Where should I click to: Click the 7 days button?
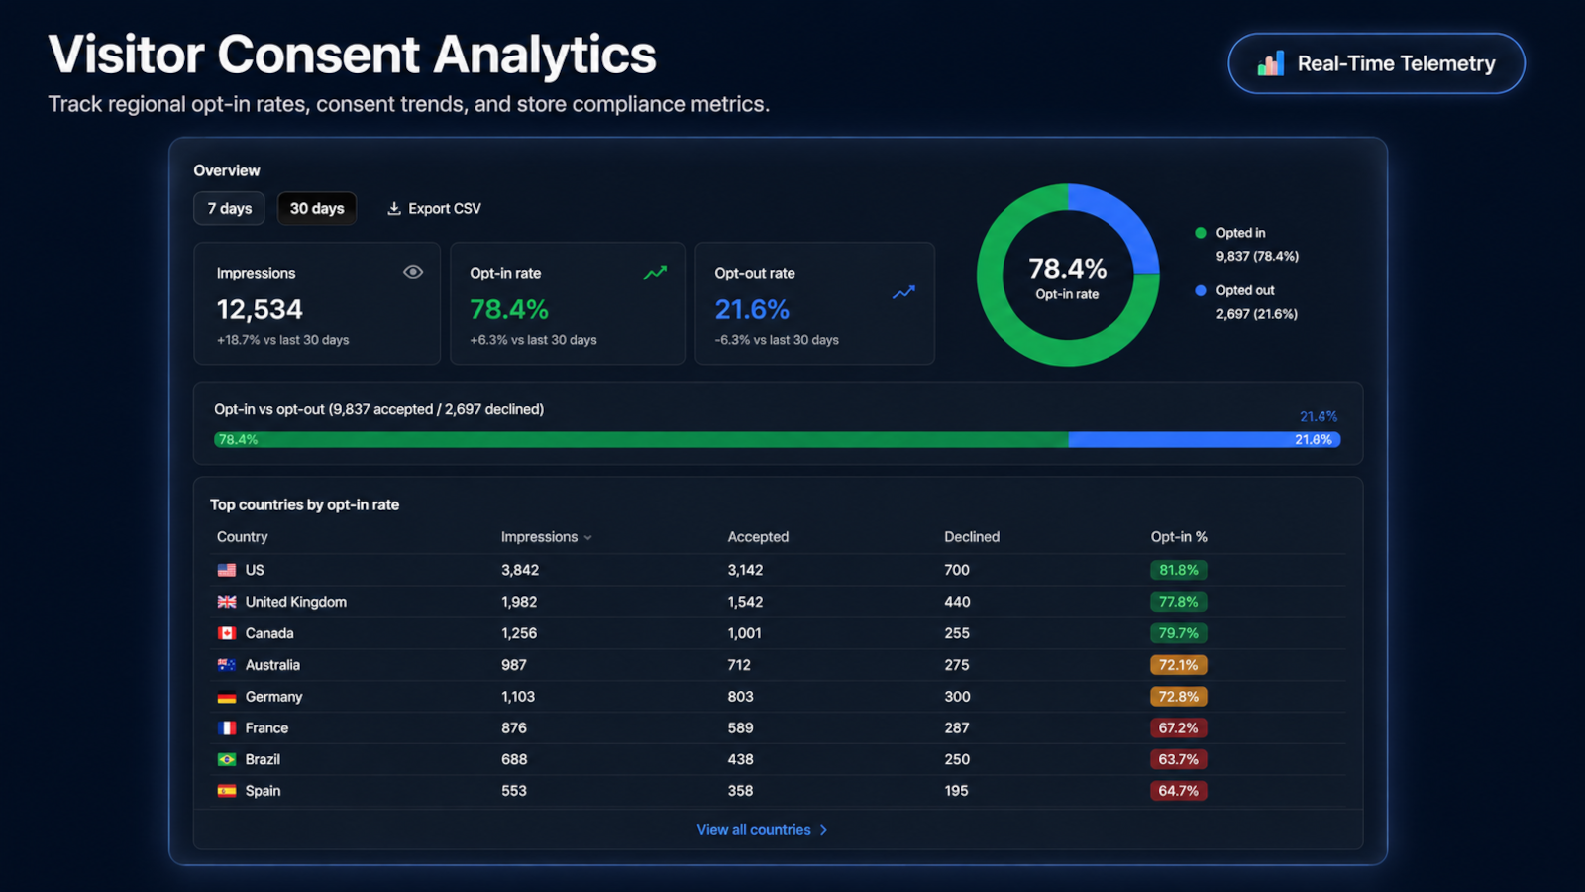point(229,209)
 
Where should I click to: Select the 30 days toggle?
point(317,209)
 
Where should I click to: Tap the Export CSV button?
point(434,209)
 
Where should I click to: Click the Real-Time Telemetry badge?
point(1376,63)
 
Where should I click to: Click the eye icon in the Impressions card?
point(413,272)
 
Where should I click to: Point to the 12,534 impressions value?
point(260,309)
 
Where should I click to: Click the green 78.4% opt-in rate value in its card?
point(509,309)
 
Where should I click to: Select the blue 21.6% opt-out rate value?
point(752,309)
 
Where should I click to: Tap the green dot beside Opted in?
point(1200,233)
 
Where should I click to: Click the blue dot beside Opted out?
point(1200,291)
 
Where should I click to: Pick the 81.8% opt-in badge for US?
point(1178,570)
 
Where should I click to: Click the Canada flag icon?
point(227,633)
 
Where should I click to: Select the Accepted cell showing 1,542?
point(745,602)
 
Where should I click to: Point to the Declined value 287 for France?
point(957,727)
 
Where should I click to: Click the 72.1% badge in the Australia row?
point(1178,665)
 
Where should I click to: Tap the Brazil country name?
point(263,759)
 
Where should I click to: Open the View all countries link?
point(762,829)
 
